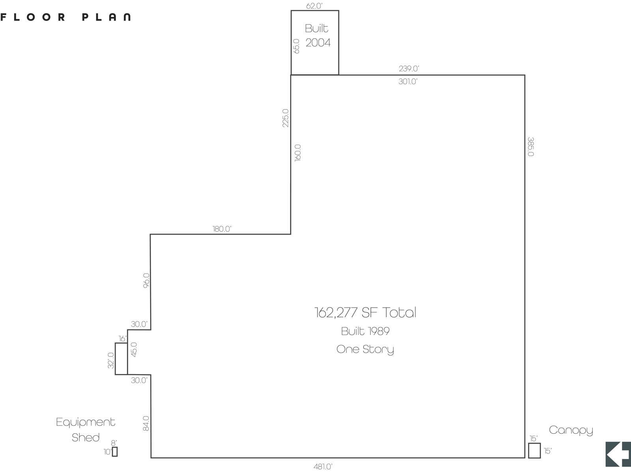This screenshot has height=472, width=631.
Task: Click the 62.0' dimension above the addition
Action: [x=314, y=6]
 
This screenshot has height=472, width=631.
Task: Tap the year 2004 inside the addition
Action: [x=318, y=43]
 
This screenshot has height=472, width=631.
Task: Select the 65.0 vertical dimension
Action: [x=297, y=46]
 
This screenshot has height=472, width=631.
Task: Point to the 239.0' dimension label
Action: [x=409, y=68]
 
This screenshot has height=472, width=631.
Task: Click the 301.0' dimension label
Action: [x=408, y=81]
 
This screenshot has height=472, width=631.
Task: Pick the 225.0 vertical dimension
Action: [x=285, y=118]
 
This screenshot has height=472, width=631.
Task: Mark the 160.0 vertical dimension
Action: [x=297, y=152]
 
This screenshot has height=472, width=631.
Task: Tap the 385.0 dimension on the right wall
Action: [x=531, y=147]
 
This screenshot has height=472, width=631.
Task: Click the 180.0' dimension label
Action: [x=222, y=229]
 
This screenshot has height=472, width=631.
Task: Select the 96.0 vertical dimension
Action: [x=146, y=280]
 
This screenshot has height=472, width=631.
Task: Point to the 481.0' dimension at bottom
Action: [x=323, y=466]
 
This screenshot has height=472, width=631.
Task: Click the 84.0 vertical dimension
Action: [x=146, y=423]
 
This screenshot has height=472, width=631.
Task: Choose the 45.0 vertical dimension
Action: [x=134, y=350]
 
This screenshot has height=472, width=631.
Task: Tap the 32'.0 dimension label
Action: [x=111, y=360]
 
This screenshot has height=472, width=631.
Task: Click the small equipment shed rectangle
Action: [x=115, y=451]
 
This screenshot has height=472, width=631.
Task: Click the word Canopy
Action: [x=571, y=430]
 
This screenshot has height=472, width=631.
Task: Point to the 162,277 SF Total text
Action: [x=365, y=312]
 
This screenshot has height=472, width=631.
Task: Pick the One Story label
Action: [x=365, y=350]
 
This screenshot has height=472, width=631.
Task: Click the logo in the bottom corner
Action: [x=618, y=454]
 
